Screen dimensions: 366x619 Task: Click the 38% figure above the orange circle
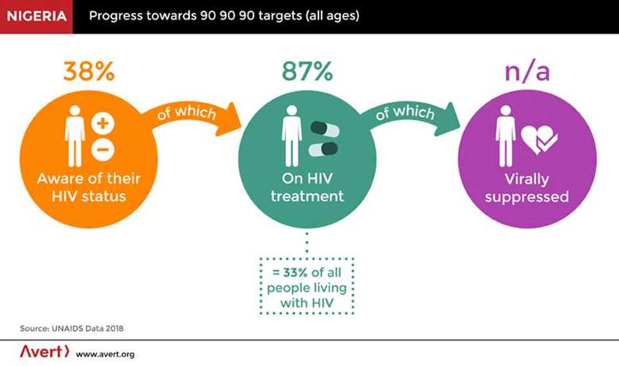tap(88, 72)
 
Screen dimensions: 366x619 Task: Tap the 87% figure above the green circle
tap(307, 72)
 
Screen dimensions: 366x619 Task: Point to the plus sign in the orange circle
tap(103, 124)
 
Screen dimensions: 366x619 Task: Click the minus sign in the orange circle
tap(103, 150)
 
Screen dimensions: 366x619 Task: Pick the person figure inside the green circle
tap(292, 135)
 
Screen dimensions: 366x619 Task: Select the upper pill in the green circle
tap(323, 129)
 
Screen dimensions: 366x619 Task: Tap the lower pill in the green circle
tap(323, 149)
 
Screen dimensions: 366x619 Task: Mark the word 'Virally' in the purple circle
tap(526, 179)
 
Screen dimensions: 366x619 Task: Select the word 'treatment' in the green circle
tap(307, 196)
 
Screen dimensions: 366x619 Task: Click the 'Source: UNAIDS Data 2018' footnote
tap(72, 328)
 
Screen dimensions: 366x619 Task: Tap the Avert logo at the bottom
tap(44, 352)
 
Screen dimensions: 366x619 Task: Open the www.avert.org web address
tap(105, 354)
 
